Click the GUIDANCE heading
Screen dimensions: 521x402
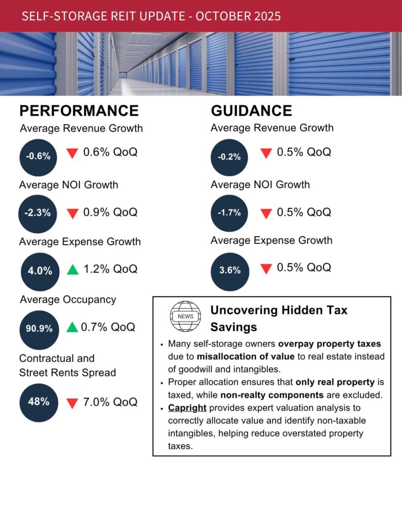pos(251,110)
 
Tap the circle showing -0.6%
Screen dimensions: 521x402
pos(39,157)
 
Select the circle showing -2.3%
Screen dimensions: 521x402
pos(39,213)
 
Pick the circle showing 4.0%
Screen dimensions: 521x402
pos(40,271)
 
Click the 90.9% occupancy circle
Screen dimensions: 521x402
pos(39,329)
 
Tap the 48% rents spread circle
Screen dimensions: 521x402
pos(39,402)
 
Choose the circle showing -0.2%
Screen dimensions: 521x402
pos(229,157)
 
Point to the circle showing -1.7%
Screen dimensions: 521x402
pos(229,213)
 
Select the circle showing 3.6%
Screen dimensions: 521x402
pos(230,271)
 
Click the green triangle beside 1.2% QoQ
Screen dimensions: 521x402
pos(73,269)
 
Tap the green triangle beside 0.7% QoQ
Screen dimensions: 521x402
pos(72,327)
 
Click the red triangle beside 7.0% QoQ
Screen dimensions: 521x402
pos(72,403)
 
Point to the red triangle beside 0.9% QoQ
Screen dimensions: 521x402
pos(72,214)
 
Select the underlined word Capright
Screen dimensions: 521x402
pos(187,408)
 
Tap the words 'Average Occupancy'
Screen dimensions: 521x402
pos(68,300)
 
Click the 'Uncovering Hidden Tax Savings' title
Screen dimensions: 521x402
pos(279,318)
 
